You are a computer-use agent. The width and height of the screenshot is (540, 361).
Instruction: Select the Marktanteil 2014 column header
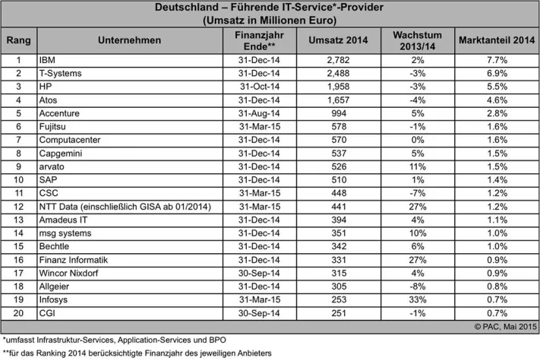[493, 40]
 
